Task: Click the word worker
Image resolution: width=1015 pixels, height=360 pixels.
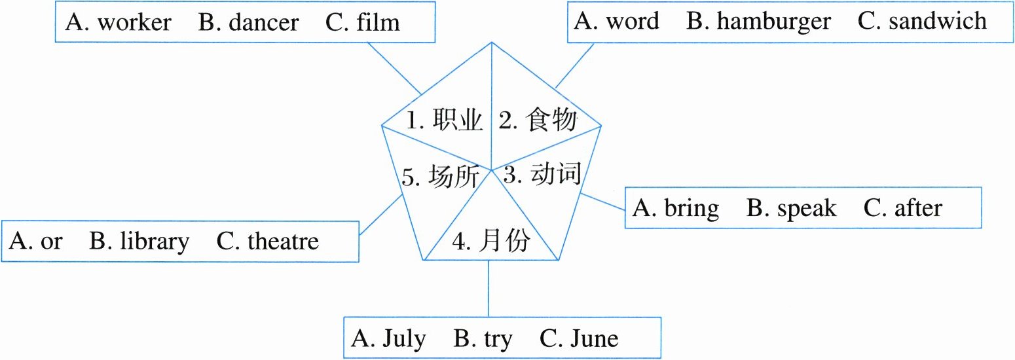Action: [134, 23]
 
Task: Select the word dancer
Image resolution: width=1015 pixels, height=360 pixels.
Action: [261, 23]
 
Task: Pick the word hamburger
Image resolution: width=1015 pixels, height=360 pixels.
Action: [773, 22]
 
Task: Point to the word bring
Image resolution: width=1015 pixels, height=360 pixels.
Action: [691, 208]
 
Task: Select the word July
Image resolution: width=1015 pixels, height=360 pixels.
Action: [404, 339]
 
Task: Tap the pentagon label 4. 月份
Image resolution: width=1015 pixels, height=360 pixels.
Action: [491, 243]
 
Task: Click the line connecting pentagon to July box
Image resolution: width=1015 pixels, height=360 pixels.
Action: [489, 288]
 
